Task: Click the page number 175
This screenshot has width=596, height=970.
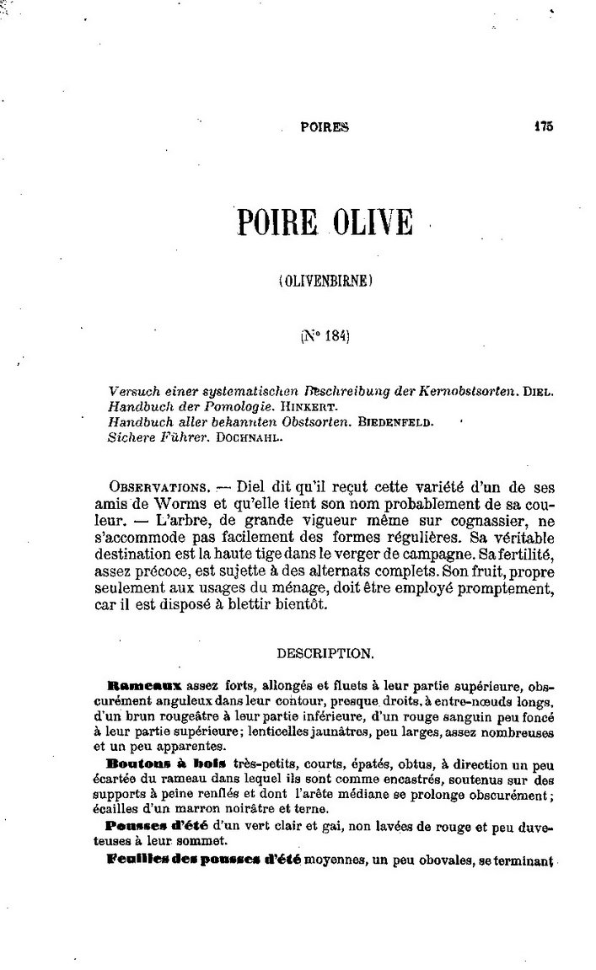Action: [x=542, y=126]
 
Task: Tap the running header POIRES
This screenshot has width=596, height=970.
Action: [x=325, y=127]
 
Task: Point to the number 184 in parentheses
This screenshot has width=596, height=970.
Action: [x=330, y=335]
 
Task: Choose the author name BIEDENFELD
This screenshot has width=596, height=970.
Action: [x=395, y=423]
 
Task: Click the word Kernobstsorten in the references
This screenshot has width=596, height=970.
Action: [x=464, y=392]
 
